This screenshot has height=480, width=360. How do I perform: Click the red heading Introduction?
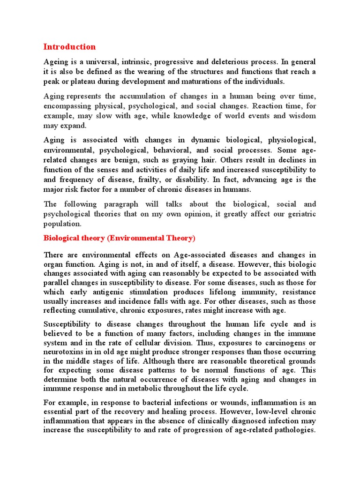tap(69, 47)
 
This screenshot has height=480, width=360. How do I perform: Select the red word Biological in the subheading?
tap(61, 238)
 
